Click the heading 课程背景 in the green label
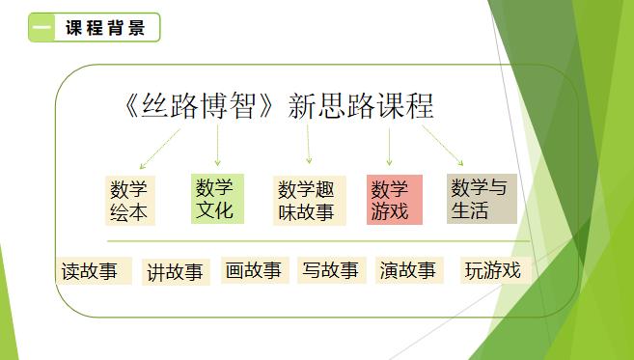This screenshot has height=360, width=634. [105, 28]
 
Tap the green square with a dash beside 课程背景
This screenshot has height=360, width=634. [42, 28]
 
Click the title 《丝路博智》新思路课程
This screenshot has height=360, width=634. [280, 105]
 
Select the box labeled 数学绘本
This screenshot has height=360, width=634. [129, 200]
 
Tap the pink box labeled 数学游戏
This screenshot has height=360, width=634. [393, 200]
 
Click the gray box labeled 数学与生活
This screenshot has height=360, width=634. [480, 198]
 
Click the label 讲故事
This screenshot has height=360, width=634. [175, 272]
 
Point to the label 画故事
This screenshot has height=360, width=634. [254, 270]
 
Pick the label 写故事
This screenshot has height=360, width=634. [330, 270]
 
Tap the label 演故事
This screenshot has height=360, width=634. [408, 270]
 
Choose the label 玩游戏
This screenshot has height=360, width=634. [492, 270]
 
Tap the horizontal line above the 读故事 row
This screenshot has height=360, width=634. [318, 240]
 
